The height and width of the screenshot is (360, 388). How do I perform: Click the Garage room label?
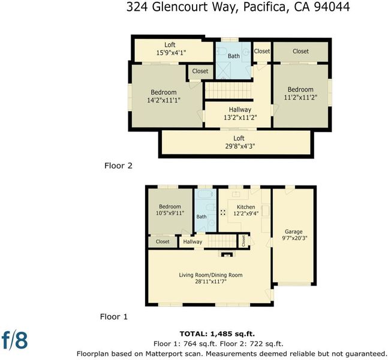pyautogui.click(x=293, y=232)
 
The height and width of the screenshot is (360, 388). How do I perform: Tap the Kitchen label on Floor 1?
pyautogui.click(x=246, y=207)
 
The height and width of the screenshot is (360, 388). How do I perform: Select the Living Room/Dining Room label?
pyautogui.click(x=210, y=275)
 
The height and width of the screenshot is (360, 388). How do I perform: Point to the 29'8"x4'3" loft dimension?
pyautogui.click(x=240, y=146)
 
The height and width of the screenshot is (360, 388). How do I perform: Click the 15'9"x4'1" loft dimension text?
pyautogui.click(x=171, y=53)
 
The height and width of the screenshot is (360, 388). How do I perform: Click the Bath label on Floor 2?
pyautogui.click(x=234, y=56)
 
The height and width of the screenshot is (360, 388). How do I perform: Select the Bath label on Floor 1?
pyautogui.click(x=201, y=217)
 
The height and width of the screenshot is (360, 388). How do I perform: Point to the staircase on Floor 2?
pyautogui.click(x=228, y=91)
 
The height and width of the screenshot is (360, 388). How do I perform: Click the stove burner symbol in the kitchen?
pyautogui.click(x=223, y=212)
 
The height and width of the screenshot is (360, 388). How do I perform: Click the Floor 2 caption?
pyautogui.click(x=118, y=166)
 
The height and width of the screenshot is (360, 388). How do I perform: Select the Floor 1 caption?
pyautogui.click(x=114, y=317)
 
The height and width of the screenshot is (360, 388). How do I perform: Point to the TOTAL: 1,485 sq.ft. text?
pyautogui.click(x=217, y=334)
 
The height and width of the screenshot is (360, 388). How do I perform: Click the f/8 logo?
pyautogui.click(x=14, y=340)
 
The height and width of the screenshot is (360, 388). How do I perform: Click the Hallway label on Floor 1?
pyautogui.click(x=193, y=242)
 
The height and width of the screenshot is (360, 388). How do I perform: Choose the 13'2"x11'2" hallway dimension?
pyautogui.click(x=240, y=118)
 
